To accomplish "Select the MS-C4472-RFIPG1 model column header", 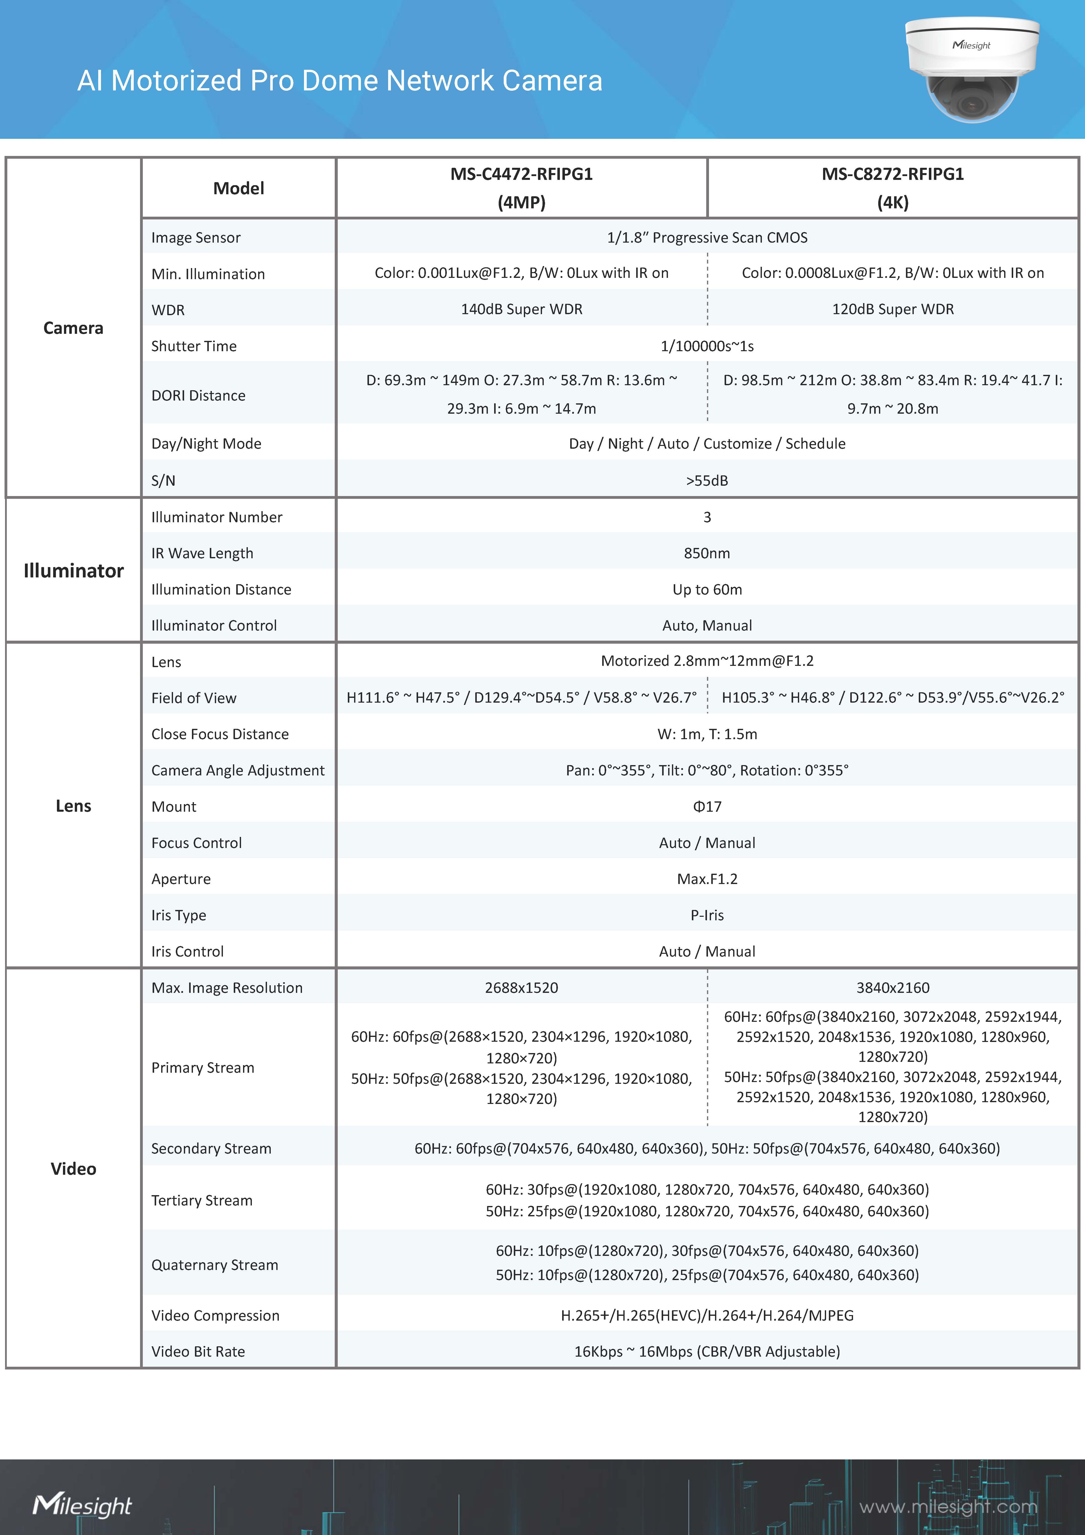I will click(x=521, y=188).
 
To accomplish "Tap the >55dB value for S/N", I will click(x=707, y=481).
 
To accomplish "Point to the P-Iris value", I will click(x=707, y=915).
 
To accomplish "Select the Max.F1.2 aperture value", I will click(x=707, y=879).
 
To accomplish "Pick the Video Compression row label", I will click(x=215, y=1316).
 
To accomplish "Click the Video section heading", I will click(x=74, y=1169).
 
